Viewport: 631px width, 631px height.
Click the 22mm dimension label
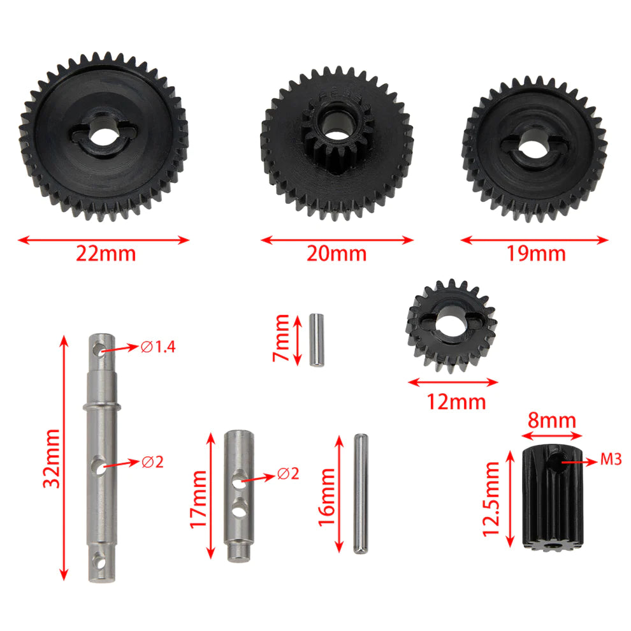[106, 254]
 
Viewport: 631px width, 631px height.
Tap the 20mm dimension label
[337, 254]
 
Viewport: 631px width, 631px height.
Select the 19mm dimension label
[536, 254]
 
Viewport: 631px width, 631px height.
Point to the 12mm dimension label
[456, 402]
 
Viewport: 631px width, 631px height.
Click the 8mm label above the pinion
[553, 421]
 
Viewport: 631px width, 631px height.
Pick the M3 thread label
[611, 460]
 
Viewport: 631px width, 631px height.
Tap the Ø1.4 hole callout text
[157, 347]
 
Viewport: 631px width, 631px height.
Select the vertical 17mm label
[198, 495]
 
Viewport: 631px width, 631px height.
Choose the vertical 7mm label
[281, 338]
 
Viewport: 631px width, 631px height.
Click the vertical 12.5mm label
[493, 498]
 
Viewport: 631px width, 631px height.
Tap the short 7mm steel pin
[316, 339]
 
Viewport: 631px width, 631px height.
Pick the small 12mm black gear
[451, 328]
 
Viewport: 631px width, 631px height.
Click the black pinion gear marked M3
[553, 496]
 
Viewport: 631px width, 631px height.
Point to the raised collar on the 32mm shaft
[102, 406]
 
